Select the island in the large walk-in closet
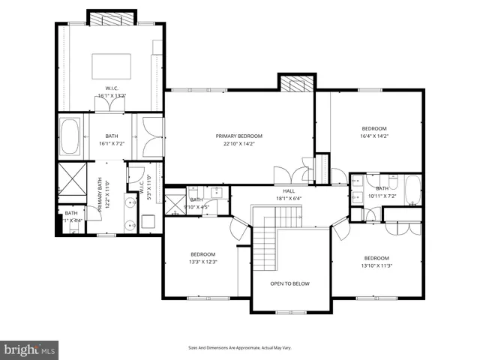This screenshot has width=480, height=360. pyautogui.click(x=112, y=66)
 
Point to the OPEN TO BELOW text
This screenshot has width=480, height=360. pyautogui.click(x=289, y=283)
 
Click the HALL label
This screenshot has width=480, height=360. pyautogui.click(x=289, y=192)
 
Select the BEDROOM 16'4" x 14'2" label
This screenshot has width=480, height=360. pyautogui.click(x=373, y=128)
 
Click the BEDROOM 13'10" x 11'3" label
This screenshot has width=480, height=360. pyautogui.click(x=376, y=257)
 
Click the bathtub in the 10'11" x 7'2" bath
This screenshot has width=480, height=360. pyautogui.click(x=412, y=190)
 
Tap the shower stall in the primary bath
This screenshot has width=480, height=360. pyautogui.click(x=73, y=182)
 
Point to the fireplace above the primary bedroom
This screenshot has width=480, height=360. pyautogui.click(x=294, y=82)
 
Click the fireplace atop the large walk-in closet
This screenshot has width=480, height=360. pyautogui.click(x=112, y=17)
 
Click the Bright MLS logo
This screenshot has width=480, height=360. pyautogui.click(x=30, y=349)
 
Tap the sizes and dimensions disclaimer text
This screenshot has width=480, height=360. pyautogui.click(x=239, y=348)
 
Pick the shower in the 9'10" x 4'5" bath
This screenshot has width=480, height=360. pyautogui.click(x=175, y=202)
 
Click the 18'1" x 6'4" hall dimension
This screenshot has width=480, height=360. pyautogui.click(x=289, y=199)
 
